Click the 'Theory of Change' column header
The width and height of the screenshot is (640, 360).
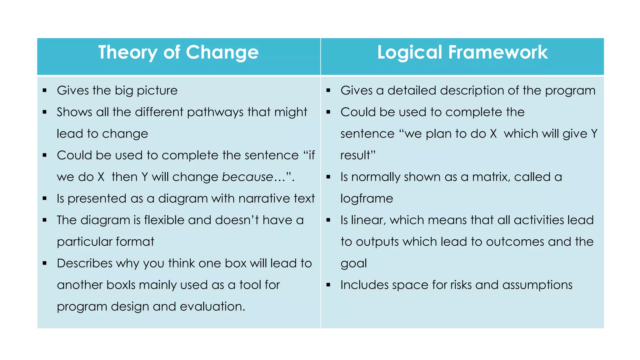click(x=178, y=52)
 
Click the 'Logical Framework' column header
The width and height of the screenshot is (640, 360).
click(x=462, y=52)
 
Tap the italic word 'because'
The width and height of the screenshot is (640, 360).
click(x=247, y=177)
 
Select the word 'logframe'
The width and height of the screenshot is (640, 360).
click(x=367, y=199)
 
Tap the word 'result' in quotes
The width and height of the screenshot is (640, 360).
click(x=357, y=156)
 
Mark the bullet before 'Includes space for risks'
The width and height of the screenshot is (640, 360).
click(x=328, y=285)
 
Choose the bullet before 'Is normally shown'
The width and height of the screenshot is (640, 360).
click(x=328, y=177)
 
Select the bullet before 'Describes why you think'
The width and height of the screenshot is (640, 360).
click(x=45, y=263)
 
